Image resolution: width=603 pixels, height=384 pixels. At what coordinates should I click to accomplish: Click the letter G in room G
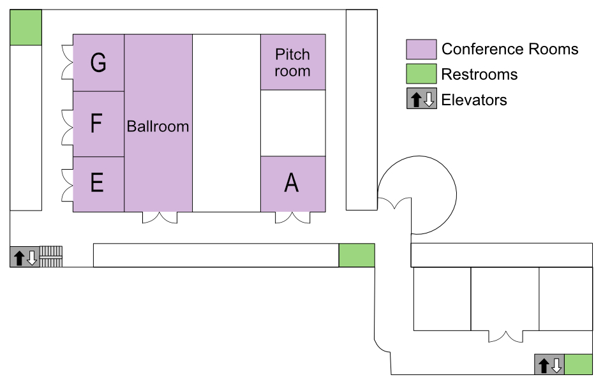(x=98, y=63)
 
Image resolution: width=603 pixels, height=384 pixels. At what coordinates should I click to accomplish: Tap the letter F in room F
(x=96, y=123)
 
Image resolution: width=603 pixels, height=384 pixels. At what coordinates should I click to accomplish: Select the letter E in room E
(x=97, y=182)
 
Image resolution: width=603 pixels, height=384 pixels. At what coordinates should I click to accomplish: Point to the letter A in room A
(x=292, y=182)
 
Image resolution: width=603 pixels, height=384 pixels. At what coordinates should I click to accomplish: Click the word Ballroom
(x=158, y=126)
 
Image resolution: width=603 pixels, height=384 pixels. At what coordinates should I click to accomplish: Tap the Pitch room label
(x=293, y=63)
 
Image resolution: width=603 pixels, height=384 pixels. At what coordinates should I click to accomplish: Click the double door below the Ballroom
(x=160, y=218)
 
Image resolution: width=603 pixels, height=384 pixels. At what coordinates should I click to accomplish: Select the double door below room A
(x=293, y=218)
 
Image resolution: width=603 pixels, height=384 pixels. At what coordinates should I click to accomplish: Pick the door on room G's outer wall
(x=67, y=63)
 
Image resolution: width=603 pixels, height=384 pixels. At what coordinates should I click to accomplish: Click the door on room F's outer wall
(x=67, y=128)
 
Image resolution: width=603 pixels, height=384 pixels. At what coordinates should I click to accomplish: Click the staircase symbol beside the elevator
(x=51, y=257)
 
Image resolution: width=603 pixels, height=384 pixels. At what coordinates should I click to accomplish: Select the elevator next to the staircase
(x=25, y=257)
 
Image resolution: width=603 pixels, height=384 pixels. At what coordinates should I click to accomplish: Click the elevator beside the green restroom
(x=549, y=364)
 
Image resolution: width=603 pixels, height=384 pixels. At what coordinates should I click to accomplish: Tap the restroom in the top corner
(x=26, y=27)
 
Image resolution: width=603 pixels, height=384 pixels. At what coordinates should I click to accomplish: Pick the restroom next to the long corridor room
(x=357, y=255)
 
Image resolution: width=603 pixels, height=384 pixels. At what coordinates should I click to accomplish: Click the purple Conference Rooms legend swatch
(x=422, y=49)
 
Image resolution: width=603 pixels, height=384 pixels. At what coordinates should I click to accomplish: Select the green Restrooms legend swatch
(x=422, y=74)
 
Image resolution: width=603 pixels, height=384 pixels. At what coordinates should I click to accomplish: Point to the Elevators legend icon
(x=422, y=98)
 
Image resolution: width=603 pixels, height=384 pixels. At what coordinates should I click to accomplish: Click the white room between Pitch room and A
(x=293, y=123)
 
